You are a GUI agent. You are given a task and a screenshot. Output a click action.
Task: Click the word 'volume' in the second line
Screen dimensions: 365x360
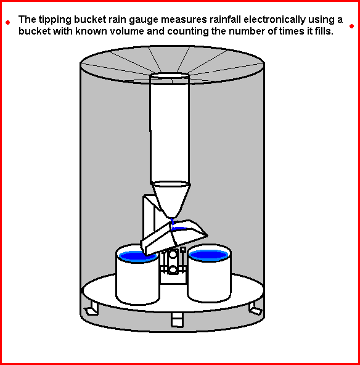coord(120,31)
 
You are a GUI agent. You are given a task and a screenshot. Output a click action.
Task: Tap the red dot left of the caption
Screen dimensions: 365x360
coord(7,23)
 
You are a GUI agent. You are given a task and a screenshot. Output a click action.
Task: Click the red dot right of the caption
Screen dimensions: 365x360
coord(351,26)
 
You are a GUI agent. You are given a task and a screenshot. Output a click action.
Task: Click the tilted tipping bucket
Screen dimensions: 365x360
coord(173,237)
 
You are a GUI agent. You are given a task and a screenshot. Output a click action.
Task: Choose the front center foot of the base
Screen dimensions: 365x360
coord(177,319)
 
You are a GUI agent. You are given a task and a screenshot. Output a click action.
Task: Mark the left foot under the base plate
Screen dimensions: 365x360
coord(91,310)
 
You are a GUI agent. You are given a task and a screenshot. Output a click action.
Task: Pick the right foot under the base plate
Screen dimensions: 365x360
coord(255,309)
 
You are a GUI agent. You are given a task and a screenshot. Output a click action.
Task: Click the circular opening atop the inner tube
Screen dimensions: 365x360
coord(171,77)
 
